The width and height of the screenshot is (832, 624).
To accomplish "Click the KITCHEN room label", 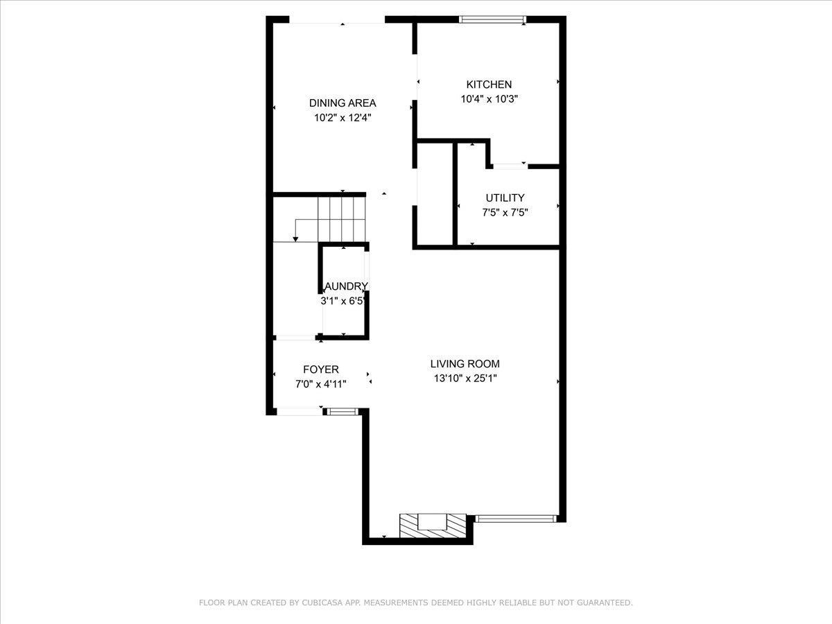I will (489, 85).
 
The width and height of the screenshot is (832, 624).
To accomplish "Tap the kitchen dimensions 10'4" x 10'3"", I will (489, 99).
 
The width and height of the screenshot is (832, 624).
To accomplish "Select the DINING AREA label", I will (343, 103).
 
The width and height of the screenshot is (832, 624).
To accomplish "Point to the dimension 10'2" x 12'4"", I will (343, 118).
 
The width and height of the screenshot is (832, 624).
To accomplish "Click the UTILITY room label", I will (505, 198).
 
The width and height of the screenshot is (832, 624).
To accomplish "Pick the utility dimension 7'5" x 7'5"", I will (505, 213).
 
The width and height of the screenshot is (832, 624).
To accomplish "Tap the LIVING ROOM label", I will (465, 363).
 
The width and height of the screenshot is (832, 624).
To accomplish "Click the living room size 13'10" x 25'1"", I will (465, 379).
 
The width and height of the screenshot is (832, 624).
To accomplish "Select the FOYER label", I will (321, 370).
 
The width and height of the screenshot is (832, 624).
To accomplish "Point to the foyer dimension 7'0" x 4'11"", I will (321, 384).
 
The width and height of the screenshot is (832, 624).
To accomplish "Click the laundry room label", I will (345, 286).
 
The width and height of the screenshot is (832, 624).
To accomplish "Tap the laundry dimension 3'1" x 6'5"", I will (343, 301).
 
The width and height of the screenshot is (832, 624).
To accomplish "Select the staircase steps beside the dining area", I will (341, 218).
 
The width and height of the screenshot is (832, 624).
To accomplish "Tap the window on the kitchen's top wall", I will (492, 20).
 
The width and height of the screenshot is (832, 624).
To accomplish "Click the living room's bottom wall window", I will (516, 517).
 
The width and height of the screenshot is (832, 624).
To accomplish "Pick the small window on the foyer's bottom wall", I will (341, 412).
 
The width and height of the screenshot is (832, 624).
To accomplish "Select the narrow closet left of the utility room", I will (434, 194).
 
